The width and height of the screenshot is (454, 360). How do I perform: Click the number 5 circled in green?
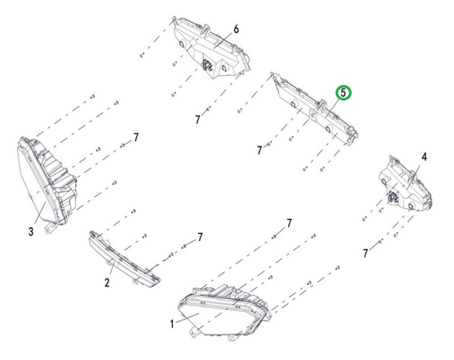point(343,93)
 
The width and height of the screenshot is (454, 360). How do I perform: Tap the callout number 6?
point(236,30)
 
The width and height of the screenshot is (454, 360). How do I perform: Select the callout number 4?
point(424,157)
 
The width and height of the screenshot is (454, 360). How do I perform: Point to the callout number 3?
point(31,232)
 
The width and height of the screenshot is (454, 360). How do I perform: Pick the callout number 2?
point(107,282)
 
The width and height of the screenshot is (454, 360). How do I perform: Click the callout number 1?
point(172,324)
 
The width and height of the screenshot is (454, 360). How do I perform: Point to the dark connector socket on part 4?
point(393,198)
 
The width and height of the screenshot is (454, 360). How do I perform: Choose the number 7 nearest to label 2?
point(200,237)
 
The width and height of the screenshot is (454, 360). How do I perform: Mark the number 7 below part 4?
point(365,253)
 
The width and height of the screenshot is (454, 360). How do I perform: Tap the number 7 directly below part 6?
point(197,119)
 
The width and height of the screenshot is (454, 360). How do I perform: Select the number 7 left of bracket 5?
point(259,150)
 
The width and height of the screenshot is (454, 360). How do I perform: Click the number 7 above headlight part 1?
point(289,223)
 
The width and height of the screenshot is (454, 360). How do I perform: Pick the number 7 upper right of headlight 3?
point(136,137)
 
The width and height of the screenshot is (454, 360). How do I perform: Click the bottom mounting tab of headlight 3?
point(49,228)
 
